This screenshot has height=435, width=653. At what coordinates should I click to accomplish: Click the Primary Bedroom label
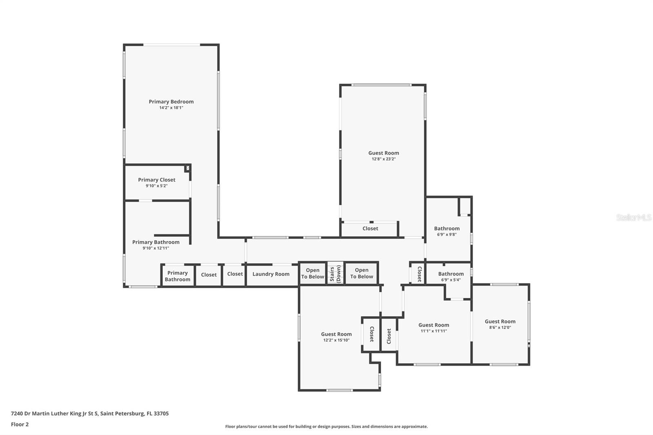pyautogui.click(x=171, y=102)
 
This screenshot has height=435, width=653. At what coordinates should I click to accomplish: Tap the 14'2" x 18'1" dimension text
pyautogui.click(x=171, y=108)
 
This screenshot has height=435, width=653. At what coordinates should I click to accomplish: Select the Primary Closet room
pyautogui.click(x=157, y=182)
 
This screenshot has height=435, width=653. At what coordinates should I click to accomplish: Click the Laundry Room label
pyautogui.click(x=271, y=274)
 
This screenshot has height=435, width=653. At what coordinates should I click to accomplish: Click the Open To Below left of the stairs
pyautogui.click(x=313, y=273)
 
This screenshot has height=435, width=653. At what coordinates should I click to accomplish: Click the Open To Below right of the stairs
pyautogui.click(x=362, y=273)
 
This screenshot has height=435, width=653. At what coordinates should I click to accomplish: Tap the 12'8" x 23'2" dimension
pyautogui.click(x=384, y=159)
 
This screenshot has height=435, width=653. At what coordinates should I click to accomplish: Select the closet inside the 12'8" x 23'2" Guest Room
pyautogui.click(x=370, y=229)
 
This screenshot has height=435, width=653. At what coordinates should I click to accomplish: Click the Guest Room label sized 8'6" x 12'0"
pyautogui.click(x=500, y=322)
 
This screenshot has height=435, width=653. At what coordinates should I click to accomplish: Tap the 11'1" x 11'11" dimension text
pyautogui.click(x=433, y=331)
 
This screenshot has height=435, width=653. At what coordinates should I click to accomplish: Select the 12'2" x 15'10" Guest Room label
pyautogui.click(x=336, y=334)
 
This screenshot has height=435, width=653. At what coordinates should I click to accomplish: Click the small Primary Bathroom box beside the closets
pyautogui.click(x=177, y=276)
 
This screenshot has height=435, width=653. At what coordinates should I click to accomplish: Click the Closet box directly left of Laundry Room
pyautogui.click(x=235, y=274)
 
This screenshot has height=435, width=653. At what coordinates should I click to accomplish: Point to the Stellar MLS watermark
pyautogui.click(x=633, y=217)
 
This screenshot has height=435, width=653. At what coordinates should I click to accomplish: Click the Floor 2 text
pyautogui.click(x=20, y=424)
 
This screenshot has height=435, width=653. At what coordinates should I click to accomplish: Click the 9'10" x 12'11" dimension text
pyautogui.click(x=155, y=248)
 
